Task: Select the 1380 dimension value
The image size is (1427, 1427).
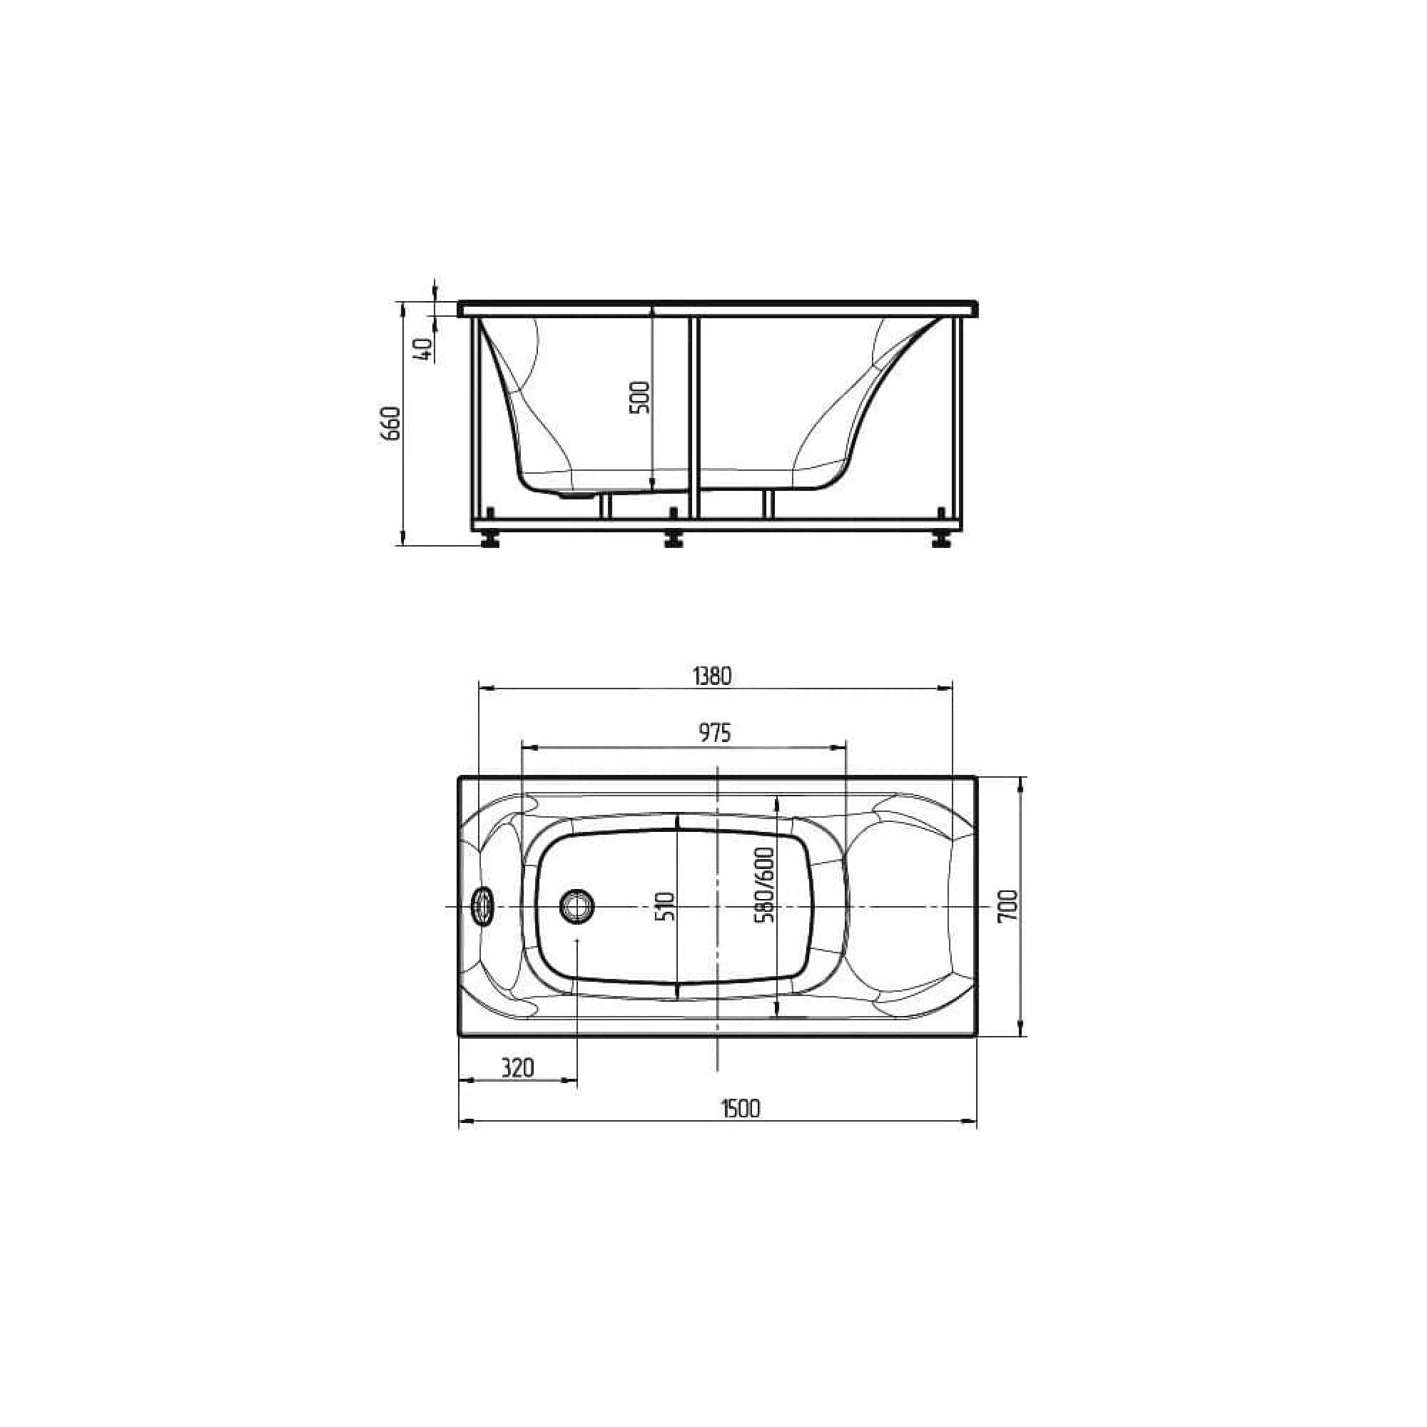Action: (x=712, y=676)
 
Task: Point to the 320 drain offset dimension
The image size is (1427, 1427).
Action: (x=517, y=1068)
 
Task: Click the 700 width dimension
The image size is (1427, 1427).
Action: (x=1008, y=905)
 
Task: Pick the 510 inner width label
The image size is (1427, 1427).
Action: (x=666, y=905)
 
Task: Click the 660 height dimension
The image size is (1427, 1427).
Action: (x=391, y=423)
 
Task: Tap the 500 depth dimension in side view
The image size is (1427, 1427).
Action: (x=641, y=397)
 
